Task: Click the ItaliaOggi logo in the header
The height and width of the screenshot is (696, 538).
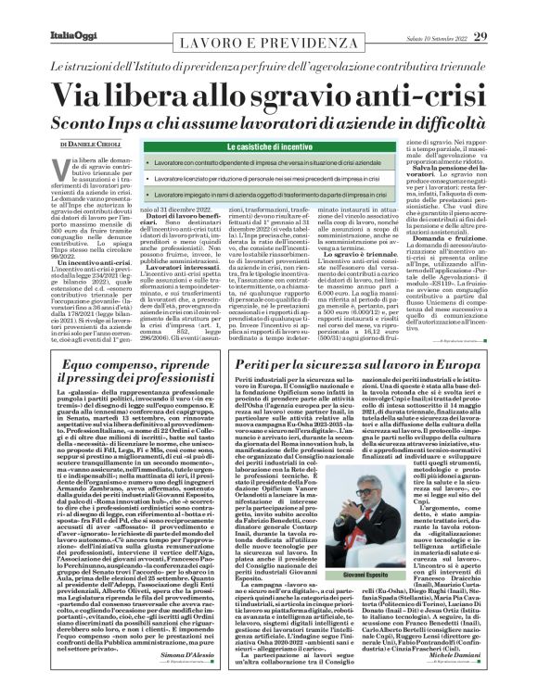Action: click(x=44, y=12)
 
